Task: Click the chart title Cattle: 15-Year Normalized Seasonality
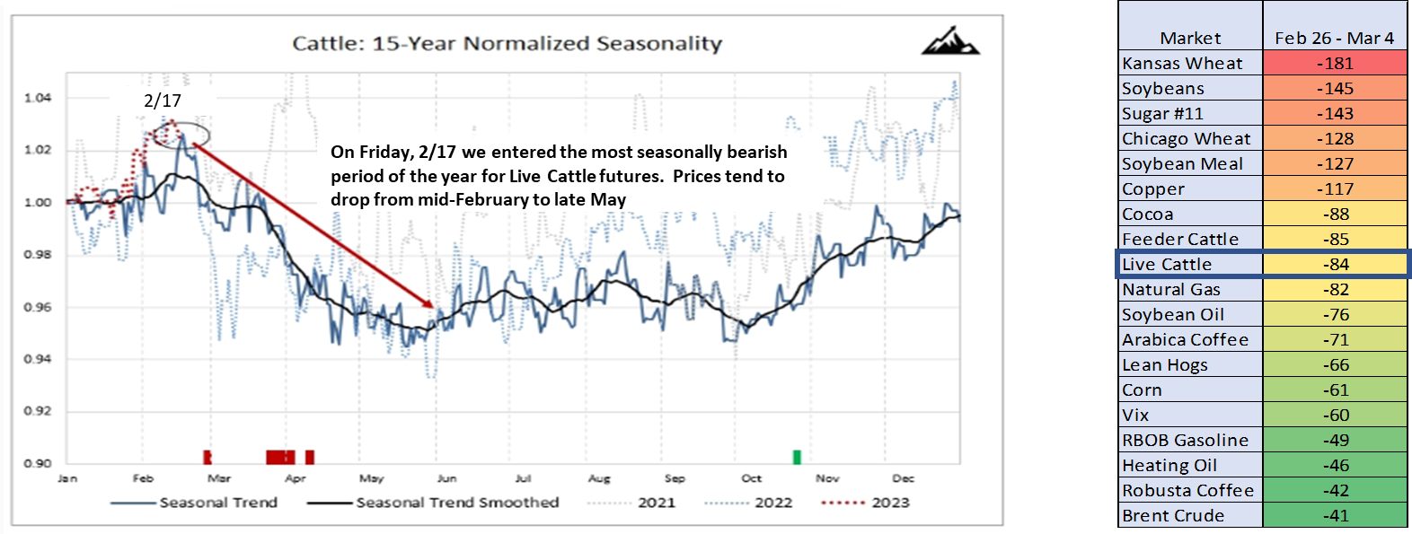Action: pos(507,43)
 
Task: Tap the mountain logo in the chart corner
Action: pos(949,40)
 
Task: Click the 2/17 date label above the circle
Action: pos(163,101)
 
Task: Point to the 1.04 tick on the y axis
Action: pos(38,98)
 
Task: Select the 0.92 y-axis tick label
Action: pos(38,411)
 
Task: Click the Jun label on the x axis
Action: pos(446,478)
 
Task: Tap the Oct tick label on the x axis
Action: pos(751,478)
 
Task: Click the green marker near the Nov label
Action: pos(797,457)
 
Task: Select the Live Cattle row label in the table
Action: pos(1166,265)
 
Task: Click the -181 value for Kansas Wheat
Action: pos(1335,64)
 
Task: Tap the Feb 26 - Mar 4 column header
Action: pos(1334,38)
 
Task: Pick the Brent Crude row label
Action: pos(1172,516)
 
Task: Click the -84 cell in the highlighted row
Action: pos(1335,265)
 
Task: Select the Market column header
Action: pos(1190,38)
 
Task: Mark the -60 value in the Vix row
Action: pos(1335,416)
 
